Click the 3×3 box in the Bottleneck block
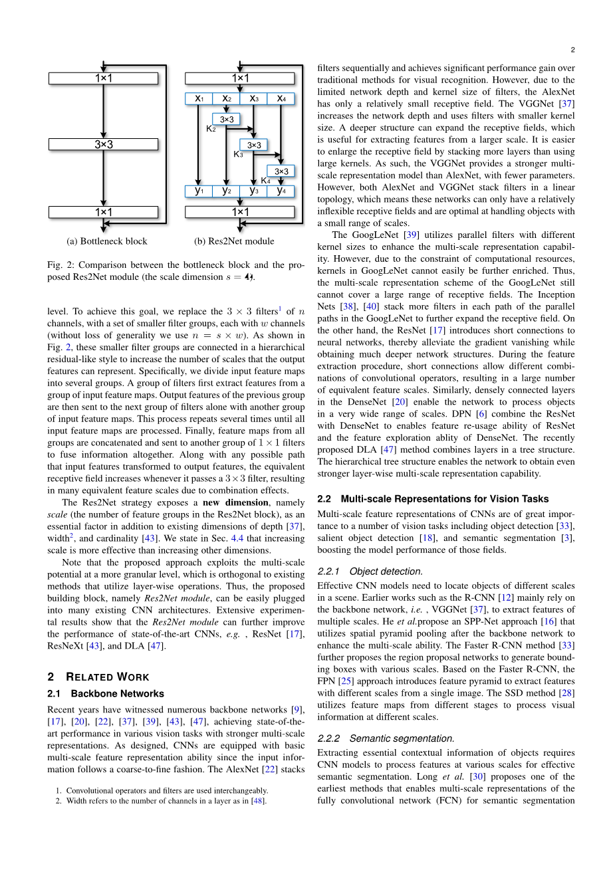tap(103, 144)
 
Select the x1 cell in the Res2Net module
tap(199, 99)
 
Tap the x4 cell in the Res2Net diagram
tap(281, 99)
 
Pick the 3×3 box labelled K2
tap(227, 120)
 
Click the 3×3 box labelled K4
tap(281, 171)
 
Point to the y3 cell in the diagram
tap(254, 191)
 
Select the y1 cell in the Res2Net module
tap(199, 191)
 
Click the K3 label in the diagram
tap(238, 154)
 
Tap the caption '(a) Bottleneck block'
tap(107, 241)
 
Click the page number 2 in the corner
tap(572, 50)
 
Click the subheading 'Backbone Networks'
tap(117, 694)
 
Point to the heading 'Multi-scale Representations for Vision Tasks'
tap(444, 499)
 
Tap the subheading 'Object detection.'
tap(386, 572)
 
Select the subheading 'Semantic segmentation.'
tap(402, 738)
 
